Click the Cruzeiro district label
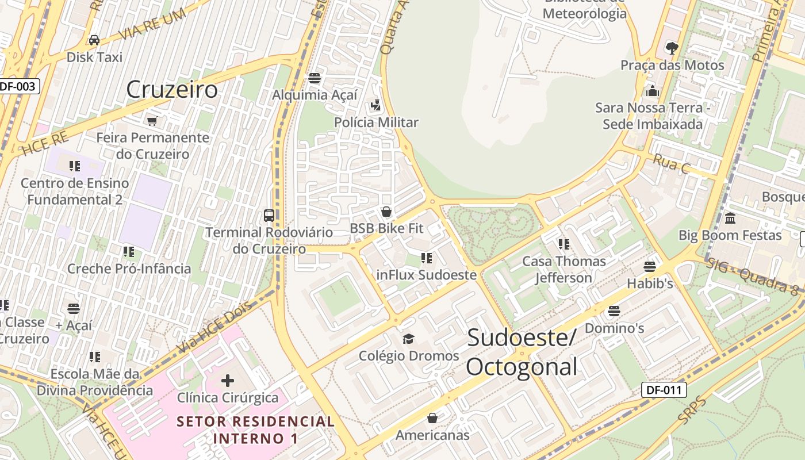click(172, 90)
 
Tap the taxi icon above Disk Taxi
click(94, 40)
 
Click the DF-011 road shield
click(664, 390)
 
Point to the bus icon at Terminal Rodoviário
click(269, 216)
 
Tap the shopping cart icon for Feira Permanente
click(152, 121)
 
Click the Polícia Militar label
click(377, 122)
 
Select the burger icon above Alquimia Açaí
click(315, 78)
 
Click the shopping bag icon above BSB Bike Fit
click(386, 212)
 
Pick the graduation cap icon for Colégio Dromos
click(408, 339)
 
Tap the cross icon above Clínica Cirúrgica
click(228, 380)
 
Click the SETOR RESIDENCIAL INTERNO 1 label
click(255, 430)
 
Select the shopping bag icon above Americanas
click(432, 418)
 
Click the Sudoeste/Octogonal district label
click(522, 352)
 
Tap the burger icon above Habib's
click(650, 267)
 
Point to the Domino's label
click(614, 328)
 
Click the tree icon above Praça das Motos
click(672, 48)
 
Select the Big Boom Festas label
click(730, 235)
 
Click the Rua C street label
click(671, 164)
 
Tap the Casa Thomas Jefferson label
click(563, 270)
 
